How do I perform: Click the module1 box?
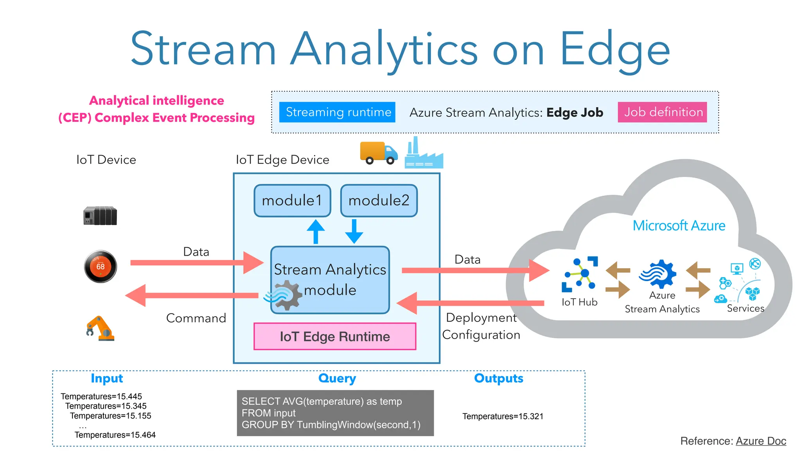click(292, 200)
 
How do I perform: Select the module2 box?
click(379, 200)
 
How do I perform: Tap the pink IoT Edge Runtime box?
click(335, 336)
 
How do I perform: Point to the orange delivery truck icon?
click(378, 153)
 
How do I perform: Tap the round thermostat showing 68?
click(101, 267)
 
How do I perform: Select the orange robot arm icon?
click(100, 328)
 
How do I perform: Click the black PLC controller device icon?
click(100, 216)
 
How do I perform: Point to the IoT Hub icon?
click(580, 274)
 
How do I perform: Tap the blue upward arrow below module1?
click(316, 232)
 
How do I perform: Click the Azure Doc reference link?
click(761, 441)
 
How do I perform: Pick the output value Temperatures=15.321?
click(503, 417)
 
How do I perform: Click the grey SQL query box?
click(335, 413)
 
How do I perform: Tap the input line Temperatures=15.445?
click(101, 397)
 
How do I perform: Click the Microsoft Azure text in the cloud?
click(679, 226)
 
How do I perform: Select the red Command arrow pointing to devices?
click(192, 296)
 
